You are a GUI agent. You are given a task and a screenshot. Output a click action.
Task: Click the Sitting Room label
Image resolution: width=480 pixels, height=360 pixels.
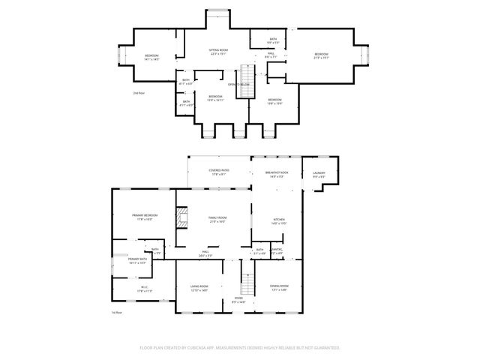[x=218, y=50]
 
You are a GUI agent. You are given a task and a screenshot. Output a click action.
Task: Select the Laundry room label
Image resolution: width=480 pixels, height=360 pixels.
[x=318, y=175]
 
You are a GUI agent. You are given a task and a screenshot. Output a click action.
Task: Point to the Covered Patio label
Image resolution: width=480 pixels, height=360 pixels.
[x=219, y=172]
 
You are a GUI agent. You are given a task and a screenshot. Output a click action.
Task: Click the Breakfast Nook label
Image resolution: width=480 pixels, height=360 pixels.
[x=277, y=174]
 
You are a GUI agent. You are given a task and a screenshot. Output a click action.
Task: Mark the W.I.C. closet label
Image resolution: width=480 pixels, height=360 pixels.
[x=143, y=288]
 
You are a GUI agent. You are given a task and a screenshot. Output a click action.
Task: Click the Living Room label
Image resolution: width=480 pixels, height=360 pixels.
[x=199, y=287]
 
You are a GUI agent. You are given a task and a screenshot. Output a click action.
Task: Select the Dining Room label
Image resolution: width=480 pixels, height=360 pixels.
[x=278, y=287]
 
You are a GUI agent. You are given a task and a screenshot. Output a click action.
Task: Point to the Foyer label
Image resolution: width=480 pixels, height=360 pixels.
[x=238, y=299]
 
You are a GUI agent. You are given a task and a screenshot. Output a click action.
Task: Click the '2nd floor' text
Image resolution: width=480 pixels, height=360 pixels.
[x=139, y=93]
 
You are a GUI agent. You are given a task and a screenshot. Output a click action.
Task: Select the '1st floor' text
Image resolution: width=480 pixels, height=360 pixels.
[x=117, y=312]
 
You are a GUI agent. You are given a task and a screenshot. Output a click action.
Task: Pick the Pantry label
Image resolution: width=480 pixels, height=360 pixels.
[x=276, y=250]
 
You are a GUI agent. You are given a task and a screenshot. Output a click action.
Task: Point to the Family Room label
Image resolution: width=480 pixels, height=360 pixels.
[x=217, y=219]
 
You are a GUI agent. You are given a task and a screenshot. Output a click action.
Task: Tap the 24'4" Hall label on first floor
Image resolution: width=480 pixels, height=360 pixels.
[x=206, y=253]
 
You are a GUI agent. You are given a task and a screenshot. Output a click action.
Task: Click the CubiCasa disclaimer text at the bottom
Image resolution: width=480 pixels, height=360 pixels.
[x=240, y=348]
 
